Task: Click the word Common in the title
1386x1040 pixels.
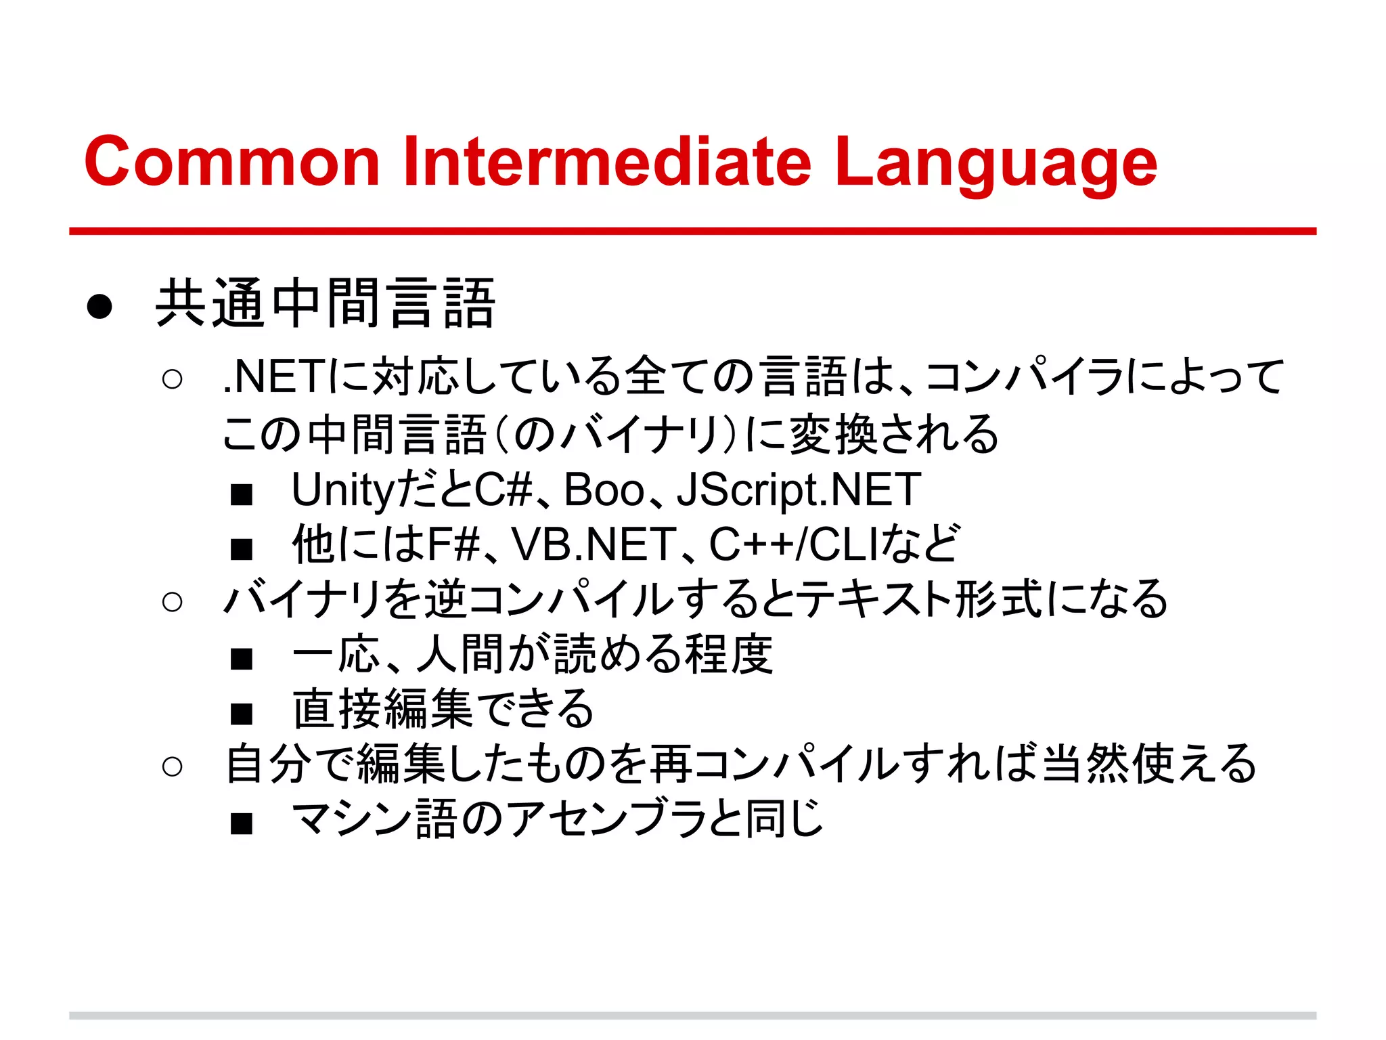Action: tap(231, 162)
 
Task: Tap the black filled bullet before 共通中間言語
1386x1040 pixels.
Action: tap(99, 307)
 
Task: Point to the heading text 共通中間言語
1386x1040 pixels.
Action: tap(326, 304)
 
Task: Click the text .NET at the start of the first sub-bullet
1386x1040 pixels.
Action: tap(275, 377)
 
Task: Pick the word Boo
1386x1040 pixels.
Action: tap(604, 490)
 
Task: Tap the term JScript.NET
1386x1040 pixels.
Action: tap(799, 490)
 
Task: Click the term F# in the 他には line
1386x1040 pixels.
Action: tap(453, 544)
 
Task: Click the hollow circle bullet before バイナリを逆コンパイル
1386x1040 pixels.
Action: tap(173, 601)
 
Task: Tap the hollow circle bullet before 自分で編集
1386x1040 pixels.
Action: tap(173, 766)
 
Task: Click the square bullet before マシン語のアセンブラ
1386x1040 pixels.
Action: tap(241, 823)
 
